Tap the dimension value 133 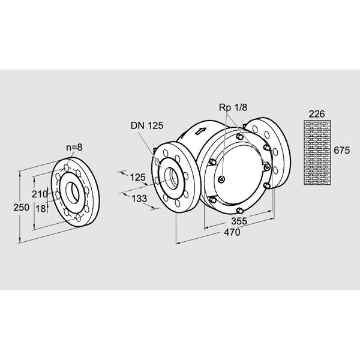tap(139, 198)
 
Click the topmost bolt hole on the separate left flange tap(74, 164)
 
